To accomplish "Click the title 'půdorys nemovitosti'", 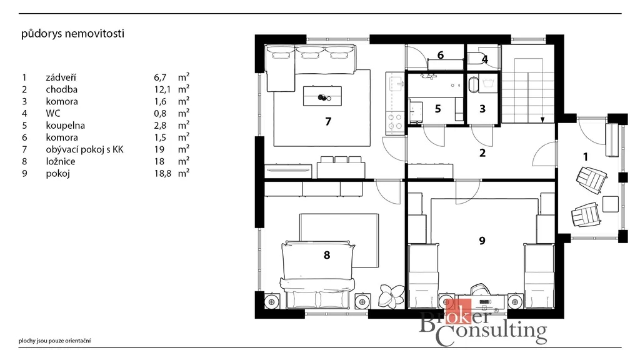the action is click(x=72, y=34).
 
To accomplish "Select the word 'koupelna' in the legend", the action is click(x=65, y=126).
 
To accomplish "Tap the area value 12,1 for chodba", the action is click(x=162, y=89).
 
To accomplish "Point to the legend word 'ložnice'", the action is click(x=61, y=162).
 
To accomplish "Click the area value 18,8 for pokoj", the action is click(x=162, y=174).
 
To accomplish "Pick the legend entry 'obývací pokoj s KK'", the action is click(x=84, y=150).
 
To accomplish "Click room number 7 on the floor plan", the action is click(x=328, y=122).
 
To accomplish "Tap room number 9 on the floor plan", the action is click(x=482, y=241).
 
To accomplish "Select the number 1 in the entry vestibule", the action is click(x=586, y=157).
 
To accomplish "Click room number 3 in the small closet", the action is click(x=482, y=109).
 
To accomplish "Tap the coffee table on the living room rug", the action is click(x=322, y=96).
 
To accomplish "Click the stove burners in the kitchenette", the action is click(x=395, y=121).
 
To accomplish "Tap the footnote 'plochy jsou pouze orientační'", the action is click(x=55, y=341).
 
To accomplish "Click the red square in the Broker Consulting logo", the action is click(x=458, y=311).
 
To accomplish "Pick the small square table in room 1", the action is click(x=611, y=204).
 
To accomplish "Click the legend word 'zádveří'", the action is click(x=61, y=77).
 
